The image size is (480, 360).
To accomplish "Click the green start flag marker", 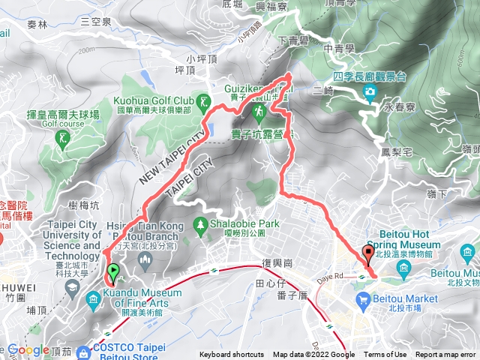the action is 113,271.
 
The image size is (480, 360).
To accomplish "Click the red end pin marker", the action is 367,253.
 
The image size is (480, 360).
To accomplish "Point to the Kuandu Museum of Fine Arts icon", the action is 93,301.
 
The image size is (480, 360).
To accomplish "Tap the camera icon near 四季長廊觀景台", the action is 370,93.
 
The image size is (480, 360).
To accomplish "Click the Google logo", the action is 28,349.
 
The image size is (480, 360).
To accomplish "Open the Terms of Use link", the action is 385,355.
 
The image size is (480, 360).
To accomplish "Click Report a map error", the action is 445,355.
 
